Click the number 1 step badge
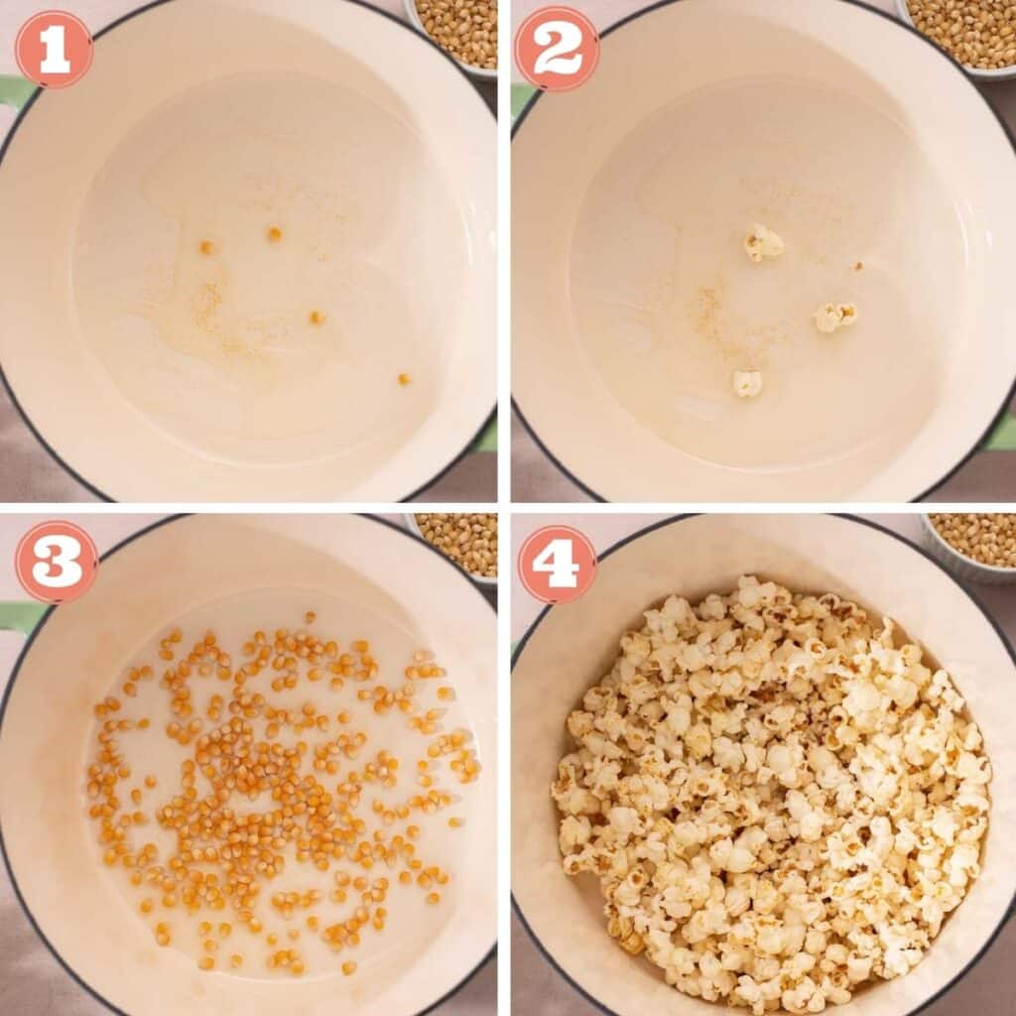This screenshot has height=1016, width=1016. point(54,50)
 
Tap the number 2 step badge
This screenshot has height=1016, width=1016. point(557,50)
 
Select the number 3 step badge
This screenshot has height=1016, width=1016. point(57,562)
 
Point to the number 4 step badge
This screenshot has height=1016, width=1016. point(557,564)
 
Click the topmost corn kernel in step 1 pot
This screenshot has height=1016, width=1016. point(274,233)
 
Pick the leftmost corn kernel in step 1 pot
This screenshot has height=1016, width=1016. point(206,247)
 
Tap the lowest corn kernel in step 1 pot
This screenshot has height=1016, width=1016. point(404,379)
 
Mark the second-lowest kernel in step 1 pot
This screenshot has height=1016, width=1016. point(317,317)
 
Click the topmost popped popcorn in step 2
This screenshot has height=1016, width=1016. point(763,242)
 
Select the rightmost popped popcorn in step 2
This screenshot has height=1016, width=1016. point(835,317)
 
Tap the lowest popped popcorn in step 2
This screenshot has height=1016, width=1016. point(747,383)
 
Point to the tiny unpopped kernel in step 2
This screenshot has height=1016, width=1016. point(858,266)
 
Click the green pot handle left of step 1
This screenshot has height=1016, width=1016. point(15,92)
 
